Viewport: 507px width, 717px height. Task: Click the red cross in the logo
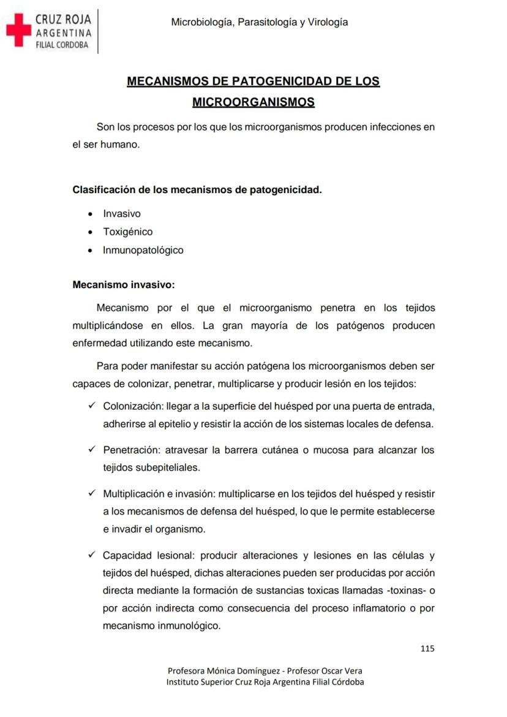tap(18, 31)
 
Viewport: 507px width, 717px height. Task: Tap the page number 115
tap(427, 648)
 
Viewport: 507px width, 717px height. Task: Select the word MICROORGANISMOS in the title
tap(254, 102)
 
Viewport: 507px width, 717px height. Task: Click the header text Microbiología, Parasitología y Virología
tap(260, 22)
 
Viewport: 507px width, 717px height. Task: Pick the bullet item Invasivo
tap(121, 214)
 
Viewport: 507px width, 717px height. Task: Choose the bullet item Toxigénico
tap(127, 232)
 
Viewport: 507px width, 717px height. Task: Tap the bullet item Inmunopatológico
tap(143, 250)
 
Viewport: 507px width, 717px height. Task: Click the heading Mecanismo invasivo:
tap(124, 285)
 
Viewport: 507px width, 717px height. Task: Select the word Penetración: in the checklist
tap(131, 450)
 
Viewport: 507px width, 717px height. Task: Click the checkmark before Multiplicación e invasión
tap(92, 493)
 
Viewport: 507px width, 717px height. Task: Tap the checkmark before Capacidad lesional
tap(92, 555)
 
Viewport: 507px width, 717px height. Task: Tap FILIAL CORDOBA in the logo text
tap(62, 45)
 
